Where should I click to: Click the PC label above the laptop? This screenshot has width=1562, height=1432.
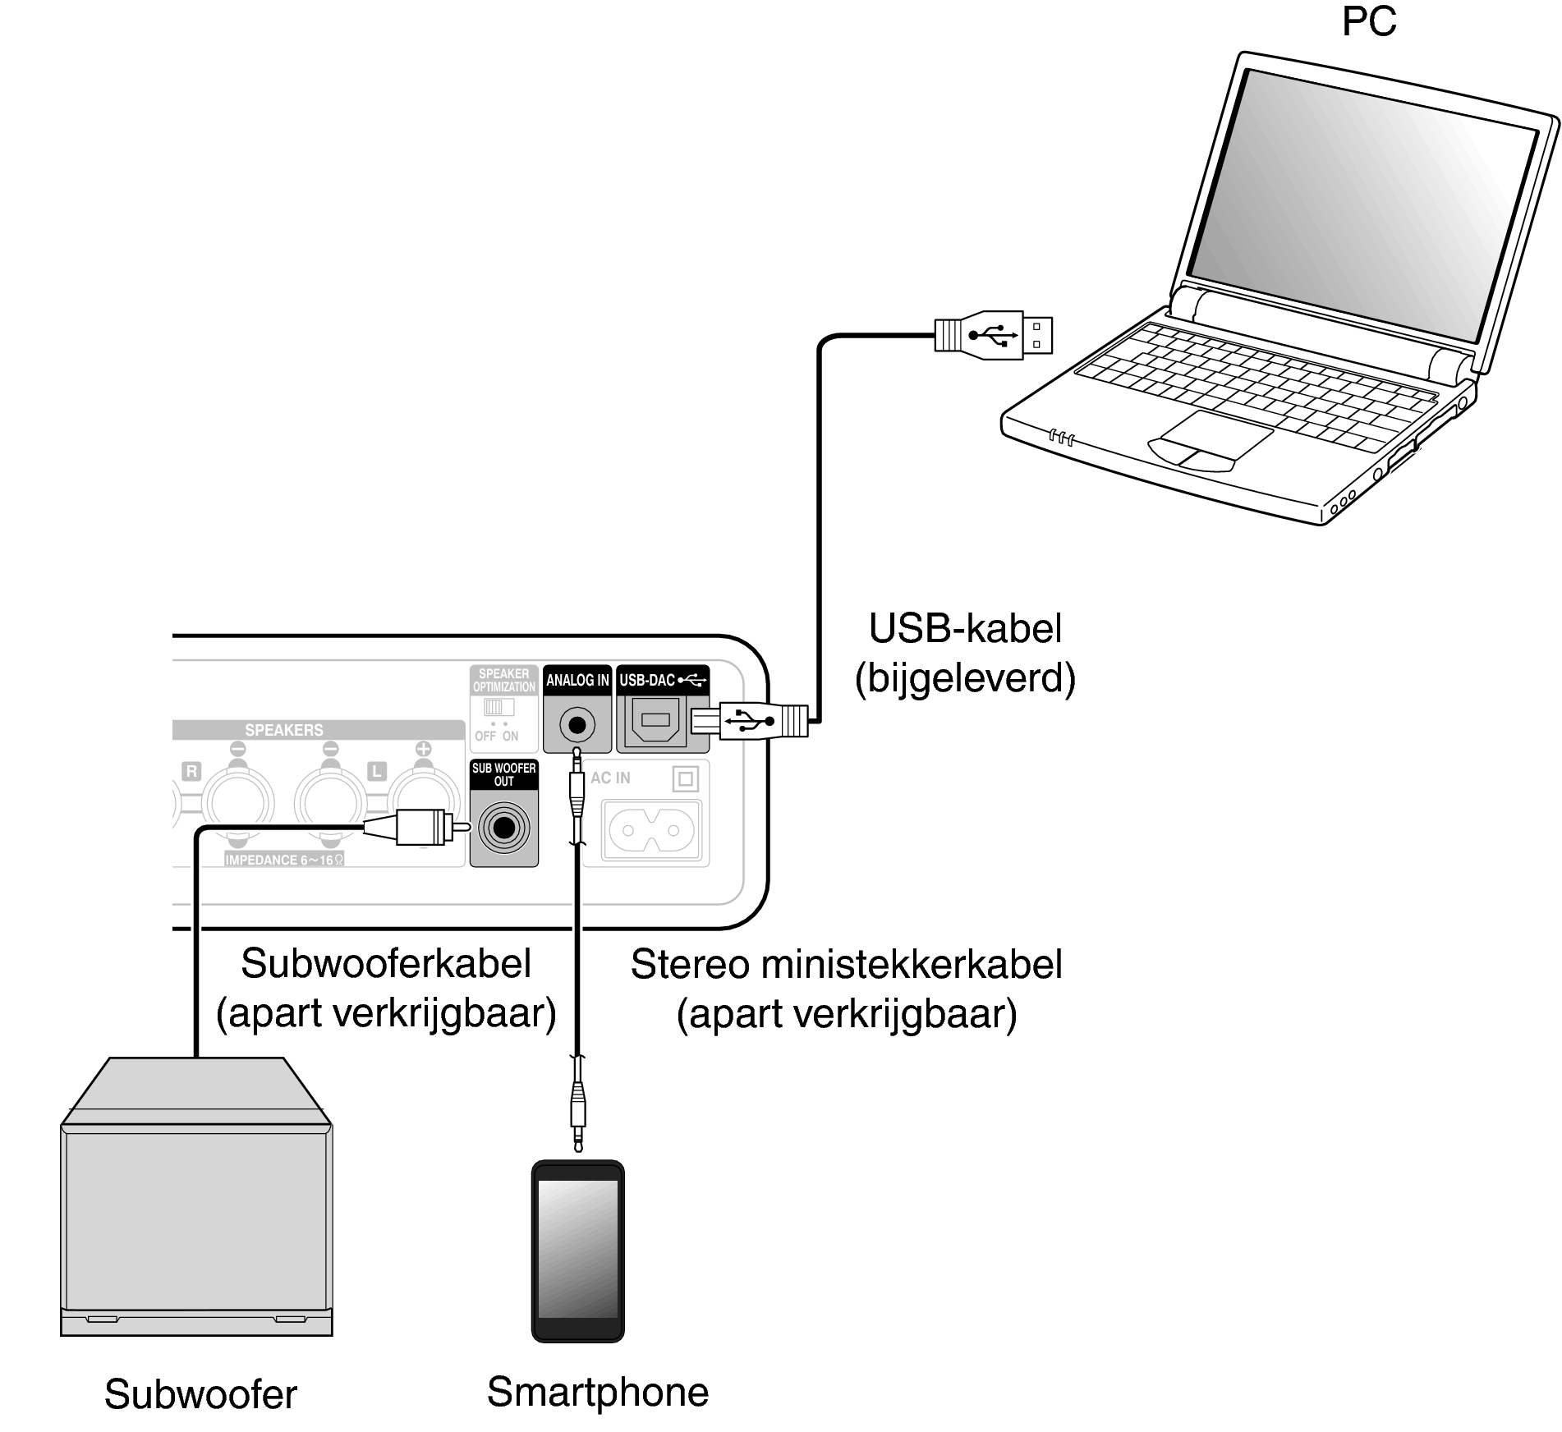(1368, 21)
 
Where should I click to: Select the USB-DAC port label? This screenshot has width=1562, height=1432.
(662, 680)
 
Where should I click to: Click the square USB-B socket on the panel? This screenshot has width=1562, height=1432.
(655, 721)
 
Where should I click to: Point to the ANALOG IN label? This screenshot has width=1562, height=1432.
(577, 680)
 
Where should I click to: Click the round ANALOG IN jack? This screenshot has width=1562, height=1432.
(577, 725)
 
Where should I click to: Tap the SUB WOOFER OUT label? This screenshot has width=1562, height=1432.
(503, 774)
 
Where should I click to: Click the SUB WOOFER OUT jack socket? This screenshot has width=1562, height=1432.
(503, 828)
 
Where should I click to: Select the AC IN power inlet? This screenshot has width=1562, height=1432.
(651, 830)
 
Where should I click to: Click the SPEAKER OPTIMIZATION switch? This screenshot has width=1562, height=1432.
(498, 707)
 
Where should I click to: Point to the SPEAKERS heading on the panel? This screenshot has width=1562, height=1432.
(283, 730)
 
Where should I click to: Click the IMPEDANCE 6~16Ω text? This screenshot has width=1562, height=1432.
(284, 860)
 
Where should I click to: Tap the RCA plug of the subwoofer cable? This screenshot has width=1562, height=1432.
(419, 826)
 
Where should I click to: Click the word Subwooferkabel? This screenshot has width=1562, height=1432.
(386, 963)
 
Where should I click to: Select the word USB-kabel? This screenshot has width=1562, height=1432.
(965, 628)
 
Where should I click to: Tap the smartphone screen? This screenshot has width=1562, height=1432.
(577, 1249)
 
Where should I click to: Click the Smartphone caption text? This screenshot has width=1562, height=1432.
(597, 1393)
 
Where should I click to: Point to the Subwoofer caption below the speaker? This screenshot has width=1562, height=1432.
(200, 1394)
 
